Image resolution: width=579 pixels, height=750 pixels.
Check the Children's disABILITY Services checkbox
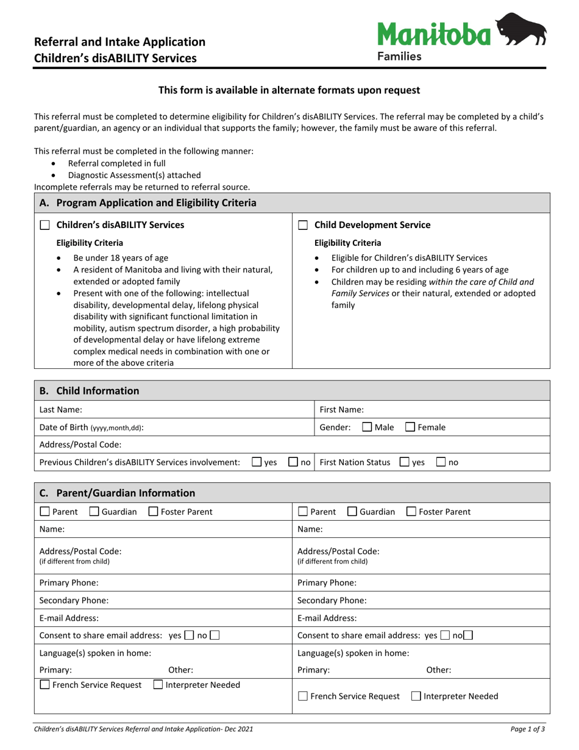[44, 225]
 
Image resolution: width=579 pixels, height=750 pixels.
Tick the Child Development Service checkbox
[303, 225]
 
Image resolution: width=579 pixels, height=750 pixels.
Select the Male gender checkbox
[367, 427]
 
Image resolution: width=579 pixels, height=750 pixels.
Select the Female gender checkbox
[410, 427]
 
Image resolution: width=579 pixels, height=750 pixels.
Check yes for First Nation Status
[404, 462]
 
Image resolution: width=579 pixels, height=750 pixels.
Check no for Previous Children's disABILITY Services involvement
[293, 462]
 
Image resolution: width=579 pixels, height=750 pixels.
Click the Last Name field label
[61, 410]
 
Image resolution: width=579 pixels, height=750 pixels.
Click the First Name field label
[341, 410]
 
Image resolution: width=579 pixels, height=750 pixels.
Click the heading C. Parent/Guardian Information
[117, 493]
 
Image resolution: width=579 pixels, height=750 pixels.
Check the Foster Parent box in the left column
[154, 512]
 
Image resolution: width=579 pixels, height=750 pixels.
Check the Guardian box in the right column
[352, 512]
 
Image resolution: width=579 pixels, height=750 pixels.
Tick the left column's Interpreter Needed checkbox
[158, 685]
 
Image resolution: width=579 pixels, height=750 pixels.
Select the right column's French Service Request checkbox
[303, 696]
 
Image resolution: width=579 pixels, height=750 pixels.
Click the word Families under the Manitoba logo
[399, 57]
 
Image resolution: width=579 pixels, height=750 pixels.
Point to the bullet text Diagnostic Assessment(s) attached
[134, 175]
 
